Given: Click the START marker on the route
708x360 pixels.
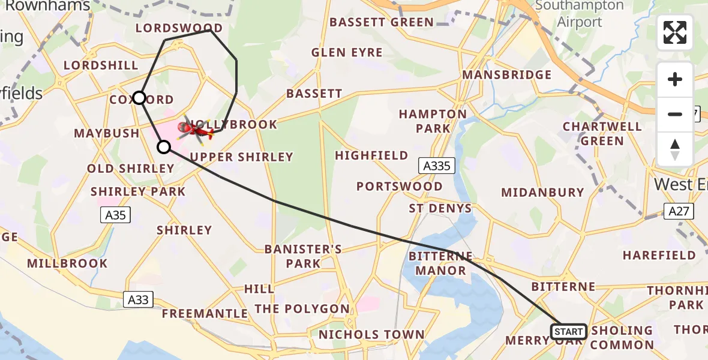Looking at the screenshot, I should click(568, 331).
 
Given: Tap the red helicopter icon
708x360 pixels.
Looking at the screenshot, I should click(196, 128).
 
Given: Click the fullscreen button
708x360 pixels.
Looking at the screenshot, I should click(675, 32).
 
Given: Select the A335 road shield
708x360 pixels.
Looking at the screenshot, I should click(437, 166).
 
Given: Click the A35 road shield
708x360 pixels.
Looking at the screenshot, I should click(116, 214).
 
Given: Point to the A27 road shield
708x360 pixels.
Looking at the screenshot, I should click(679, 211).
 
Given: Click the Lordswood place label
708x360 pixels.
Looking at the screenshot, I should click(179, 28).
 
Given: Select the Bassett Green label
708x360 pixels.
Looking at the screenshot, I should click(382, 22).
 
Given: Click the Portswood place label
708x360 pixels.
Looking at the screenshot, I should click(400, 186).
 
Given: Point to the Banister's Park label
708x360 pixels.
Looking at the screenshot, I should click(303, 256).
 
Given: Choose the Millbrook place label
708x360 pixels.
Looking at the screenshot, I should click(67, 263).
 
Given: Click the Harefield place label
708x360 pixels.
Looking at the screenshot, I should click(659, 255).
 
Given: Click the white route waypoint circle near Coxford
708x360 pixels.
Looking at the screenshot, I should click(139, 97).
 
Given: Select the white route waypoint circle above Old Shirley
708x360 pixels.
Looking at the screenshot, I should click(164, 146).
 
